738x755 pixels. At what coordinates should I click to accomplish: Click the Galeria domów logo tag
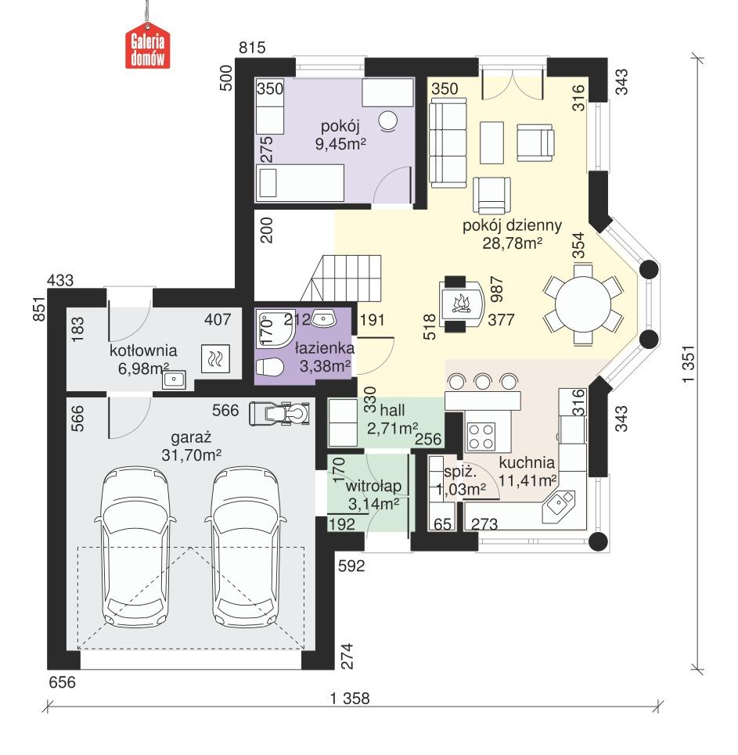point(148,50)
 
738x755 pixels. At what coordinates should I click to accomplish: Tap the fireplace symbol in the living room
point(460,304)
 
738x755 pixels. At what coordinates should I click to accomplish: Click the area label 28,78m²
point(513,243)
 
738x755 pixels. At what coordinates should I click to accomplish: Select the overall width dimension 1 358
point(351,698)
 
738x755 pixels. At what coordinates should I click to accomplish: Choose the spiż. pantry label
point(456,473)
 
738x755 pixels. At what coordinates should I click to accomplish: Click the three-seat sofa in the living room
point(447,142)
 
